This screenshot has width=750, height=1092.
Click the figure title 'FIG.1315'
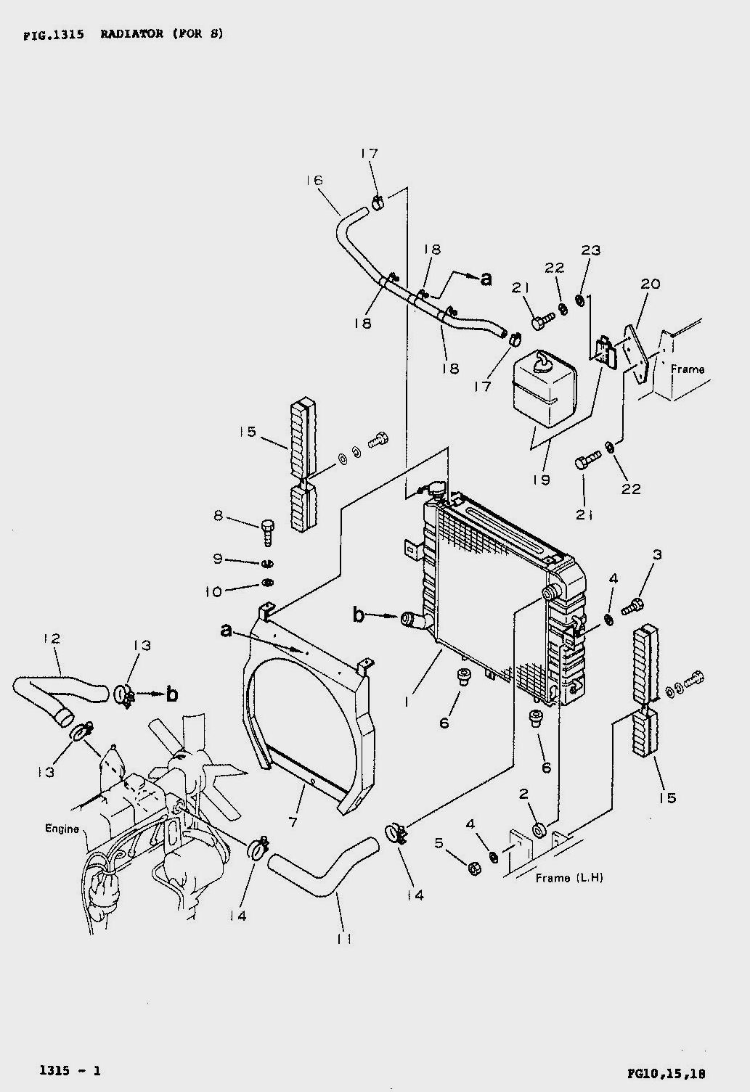point(53,35)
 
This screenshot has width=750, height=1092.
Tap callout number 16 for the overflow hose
point(314,181)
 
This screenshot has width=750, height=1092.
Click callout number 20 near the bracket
point(650,284)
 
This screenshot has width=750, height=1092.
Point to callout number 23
point(590,250)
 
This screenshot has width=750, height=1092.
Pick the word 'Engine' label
point(62,829)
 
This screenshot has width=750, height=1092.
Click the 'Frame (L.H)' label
point(569,878)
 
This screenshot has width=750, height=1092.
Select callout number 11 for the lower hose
point(344,938)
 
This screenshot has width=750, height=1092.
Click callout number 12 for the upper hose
point(52,638)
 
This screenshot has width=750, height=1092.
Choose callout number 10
point(213,592)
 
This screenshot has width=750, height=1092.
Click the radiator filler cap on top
point(436,488)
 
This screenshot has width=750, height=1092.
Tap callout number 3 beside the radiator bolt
point(657,554)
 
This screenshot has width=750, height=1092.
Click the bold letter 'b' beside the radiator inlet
point(359,615)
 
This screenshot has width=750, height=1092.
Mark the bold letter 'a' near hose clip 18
point(486,279)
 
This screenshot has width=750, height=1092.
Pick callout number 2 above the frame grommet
point(523,794)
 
